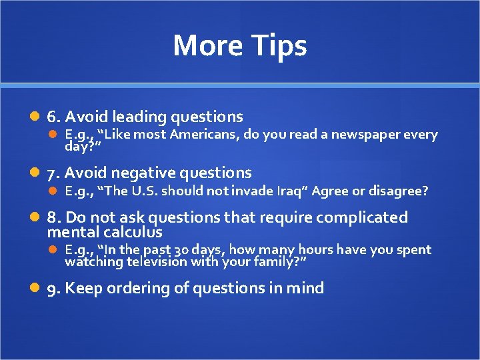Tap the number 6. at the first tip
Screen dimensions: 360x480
tap(53, 117)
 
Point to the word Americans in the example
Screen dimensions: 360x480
tap(204, 135)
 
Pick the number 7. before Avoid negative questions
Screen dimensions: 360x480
tap(53, 173)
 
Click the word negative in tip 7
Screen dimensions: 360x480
tap(139, 173)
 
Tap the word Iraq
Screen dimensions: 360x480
tap(291, 191)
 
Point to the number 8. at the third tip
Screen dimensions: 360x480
tap(53, 217)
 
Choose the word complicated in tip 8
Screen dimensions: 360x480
tap(364, 217)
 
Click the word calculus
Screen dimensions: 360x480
tap(133, 232)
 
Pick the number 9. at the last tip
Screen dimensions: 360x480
tap(53, 289)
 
